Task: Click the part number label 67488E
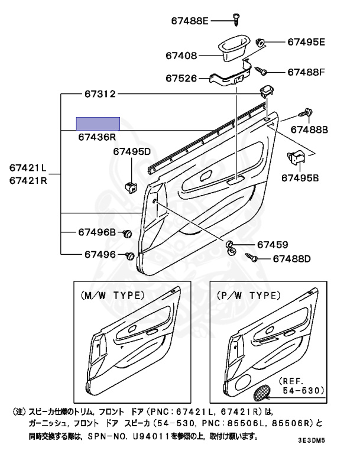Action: (x=190, y=21)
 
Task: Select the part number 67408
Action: (x=181, y=56)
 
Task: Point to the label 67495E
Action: (x=306, y=42)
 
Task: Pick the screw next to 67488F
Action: (x=262, y=71)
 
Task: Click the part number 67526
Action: (x=181, y=77)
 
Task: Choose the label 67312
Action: (x=99, y=94)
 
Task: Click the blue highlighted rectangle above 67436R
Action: (x=98, y=124)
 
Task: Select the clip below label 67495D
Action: (x=131, y=187)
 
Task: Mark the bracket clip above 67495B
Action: (x=295, y=157)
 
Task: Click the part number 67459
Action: (x=272, y=245)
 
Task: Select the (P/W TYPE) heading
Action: (x=248, y=296)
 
